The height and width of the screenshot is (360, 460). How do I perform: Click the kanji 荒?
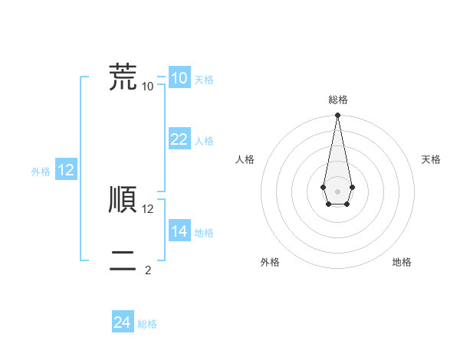122,77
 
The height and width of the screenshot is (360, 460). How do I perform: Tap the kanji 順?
122,201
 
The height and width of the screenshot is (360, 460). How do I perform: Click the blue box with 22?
179,139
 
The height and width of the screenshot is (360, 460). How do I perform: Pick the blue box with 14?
179,231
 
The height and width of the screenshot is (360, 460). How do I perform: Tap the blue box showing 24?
122,322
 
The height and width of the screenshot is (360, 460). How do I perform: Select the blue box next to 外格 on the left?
65,170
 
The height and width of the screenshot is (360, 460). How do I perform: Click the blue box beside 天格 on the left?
179,77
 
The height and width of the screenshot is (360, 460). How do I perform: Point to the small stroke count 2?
147,270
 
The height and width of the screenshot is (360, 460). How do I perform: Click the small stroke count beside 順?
148,208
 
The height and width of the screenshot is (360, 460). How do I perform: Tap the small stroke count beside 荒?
148,86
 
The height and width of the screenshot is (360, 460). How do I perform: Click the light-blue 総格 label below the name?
147,325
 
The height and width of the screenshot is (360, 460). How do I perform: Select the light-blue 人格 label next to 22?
204,141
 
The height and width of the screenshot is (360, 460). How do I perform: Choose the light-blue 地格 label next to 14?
204,233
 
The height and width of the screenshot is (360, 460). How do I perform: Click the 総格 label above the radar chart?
337,100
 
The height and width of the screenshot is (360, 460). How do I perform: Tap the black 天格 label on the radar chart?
431,159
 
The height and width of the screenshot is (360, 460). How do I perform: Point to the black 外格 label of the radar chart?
270,262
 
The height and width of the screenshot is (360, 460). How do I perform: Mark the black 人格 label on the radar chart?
245,159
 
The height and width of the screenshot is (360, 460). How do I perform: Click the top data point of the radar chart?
337,116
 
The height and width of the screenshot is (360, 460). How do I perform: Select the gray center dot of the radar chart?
337,191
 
